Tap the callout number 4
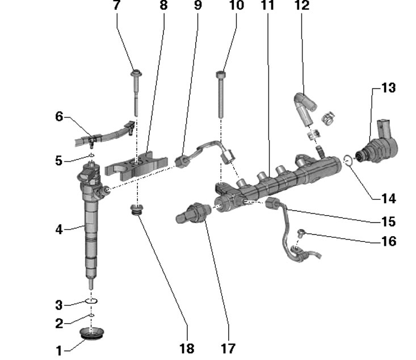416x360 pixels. tap(59, 229)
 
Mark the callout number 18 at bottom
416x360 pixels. tap(187, 348)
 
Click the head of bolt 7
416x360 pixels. tap(136, 73)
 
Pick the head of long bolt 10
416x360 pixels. tap(221, 74)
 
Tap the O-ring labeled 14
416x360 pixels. tap(350, 161)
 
